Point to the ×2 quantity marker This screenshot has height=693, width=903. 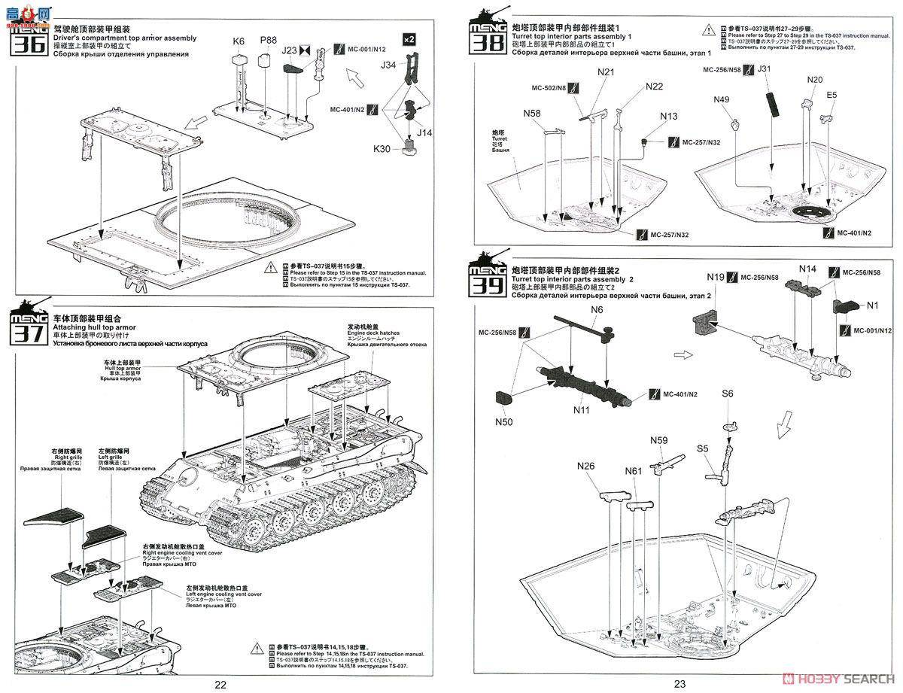409,38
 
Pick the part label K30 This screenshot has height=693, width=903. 382,149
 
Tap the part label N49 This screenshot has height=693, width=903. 722,99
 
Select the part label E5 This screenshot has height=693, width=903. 832,96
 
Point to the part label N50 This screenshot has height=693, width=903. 503,422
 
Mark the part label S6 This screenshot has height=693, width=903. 728,394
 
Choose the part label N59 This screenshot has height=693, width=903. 659,442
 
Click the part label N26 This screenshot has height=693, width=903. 586,467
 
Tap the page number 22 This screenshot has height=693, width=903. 220,684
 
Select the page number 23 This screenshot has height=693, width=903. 680,684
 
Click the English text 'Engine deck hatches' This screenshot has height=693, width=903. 374,333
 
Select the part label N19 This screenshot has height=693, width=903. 716,278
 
